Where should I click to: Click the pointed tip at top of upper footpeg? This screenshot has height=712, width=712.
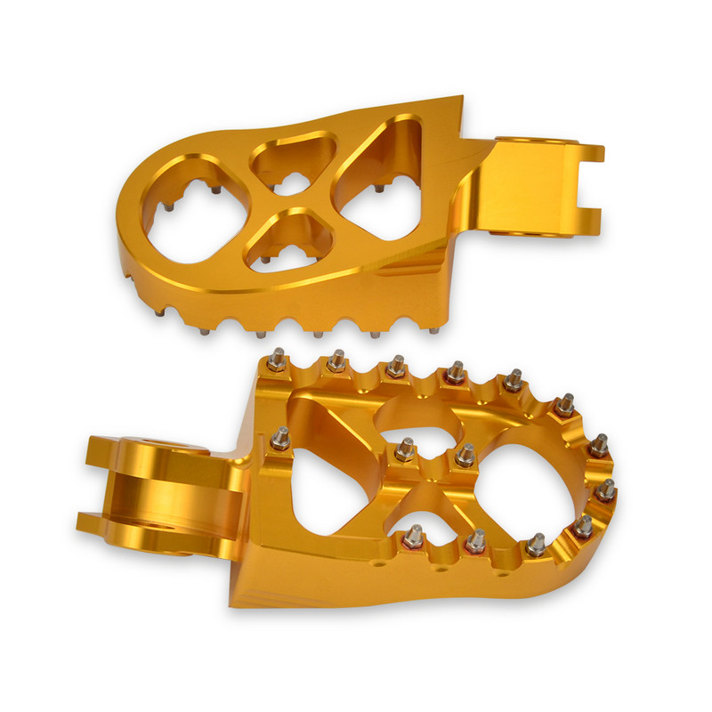460,97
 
